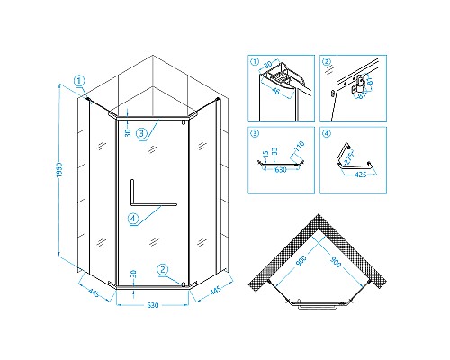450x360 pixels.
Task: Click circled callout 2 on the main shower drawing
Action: [x=162, y=267]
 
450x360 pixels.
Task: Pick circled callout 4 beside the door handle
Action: [x=133, y=219]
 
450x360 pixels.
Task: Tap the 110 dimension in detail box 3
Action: [x=299, y=147]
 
